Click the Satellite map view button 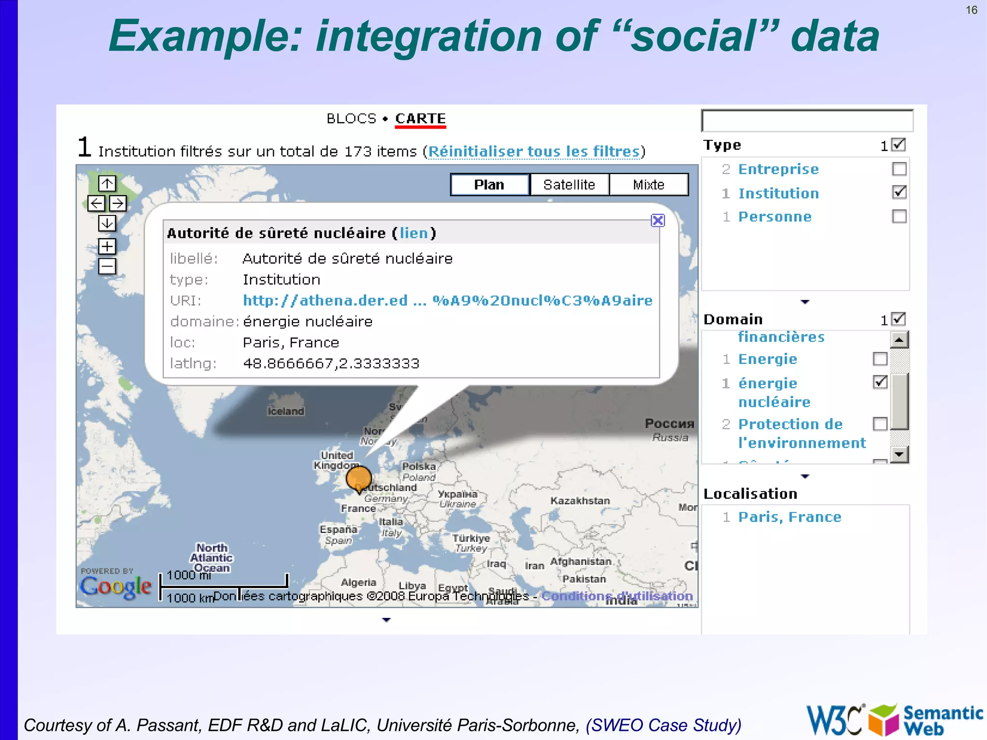click(569, 185)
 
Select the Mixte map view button click(649, 185)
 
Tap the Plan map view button click(489, 185)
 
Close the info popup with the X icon click(658, 220)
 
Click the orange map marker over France click(359, 478)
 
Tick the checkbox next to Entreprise click(899, 169)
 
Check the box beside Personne click(899, 216)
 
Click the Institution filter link click(778, 193)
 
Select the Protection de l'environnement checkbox click(880, 424)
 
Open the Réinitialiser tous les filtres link click(534, 151)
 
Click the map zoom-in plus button click(107, 246)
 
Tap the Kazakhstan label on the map click(580, 501)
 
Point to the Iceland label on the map click(286, 411)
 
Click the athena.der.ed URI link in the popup click(447, 300)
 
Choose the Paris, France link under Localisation click(789, 517)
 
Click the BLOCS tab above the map click(351, 119)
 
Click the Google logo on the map click(116, 586)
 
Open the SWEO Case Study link click(663, 725)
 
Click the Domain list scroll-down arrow click(899, 454)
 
